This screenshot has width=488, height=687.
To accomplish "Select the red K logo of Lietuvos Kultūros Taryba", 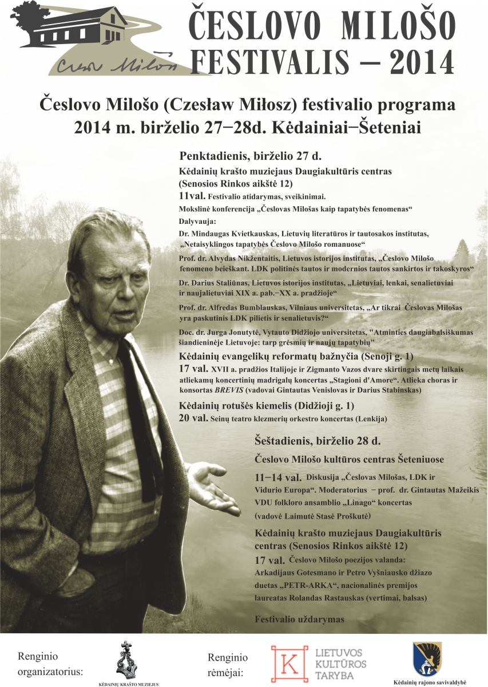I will (x=287, y=663).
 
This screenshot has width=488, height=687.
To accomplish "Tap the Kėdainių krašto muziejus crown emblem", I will (x=128, y=660).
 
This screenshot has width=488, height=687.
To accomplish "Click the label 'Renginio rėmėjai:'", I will (x=228, y=664).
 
